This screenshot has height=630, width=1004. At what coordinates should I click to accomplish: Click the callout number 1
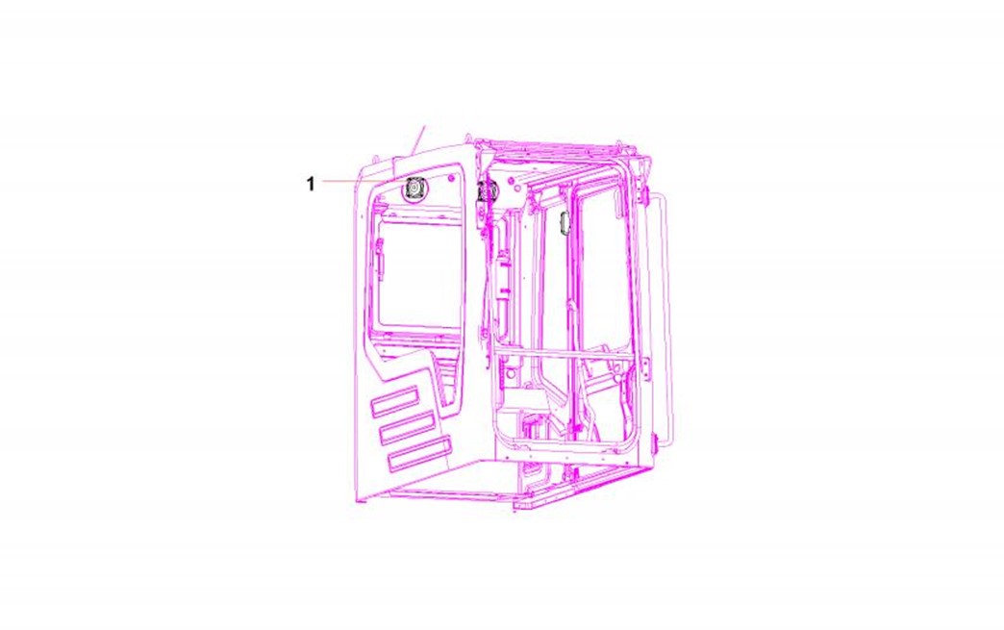coord(311,184)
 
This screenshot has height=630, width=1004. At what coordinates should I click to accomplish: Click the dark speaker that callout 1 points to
coord(414,189)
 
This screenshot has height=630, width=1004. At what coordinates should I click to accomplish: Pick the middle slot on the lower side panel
coord(407,427)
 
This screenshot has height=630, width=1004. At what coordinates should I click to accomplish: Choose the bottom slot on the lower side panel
coord(420,454)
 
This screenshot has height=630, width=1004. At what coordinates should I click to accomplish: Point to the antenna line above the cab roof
coord(418,137)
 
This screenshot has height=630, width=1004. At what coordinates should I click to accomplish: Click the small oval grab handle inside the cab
coord(565,223)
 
